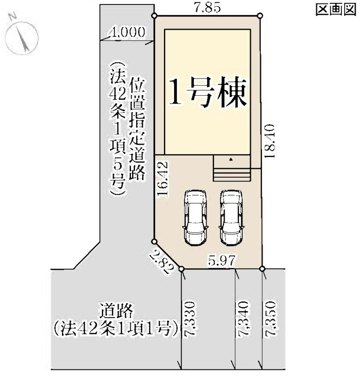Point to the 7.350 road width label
(x=271, y=319)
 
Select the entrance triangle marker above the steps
(x=231, y=160)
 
